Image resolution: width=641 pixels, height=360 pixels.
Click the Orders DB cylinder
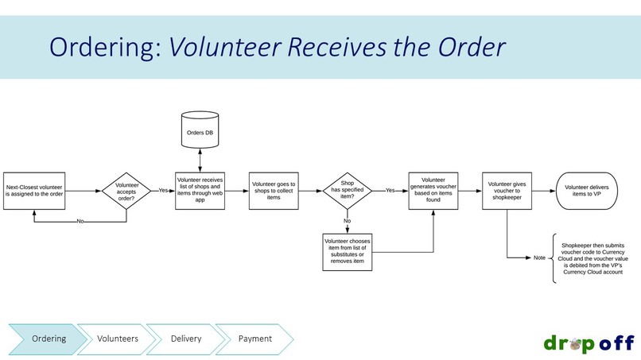pyautogui.click(x=200, y=130)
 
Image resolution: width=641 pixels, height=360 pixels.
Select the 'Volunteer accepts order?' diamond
pyautogui.click(x=126, y=191)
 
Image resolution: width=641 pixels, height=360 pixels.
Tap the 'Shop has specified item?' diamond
pyautogui.click(x=348, y=191)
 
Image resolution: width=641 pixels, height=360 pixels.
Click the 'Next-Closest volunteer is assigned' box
pyautogui.click(x=34, y=191)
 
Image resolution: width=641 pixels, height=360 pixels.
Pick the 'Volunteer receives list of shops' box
pyautogui.click(x=200, y=191)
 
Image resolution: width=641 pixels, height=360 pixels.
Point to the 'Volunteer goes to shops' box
pyautogui.click(x=274, y=191)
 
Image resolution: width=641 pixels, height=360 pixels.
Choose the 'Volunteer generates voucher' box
pyautogui.click(x=433, y=191)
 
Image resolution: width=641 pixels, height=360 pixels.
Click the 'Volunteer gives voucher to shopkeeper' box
pyautogui.click(x=507, y=191)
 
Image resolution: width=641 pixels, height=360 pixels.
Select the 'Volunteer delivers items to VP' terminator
pyautogui.click(x=587, y=191)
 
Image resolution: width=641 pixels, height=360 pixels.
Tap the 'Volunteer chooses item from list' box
pyautogui.click(x=348, y=252)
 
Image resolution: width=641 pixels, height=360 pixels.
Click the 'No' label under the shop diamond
pyautogui.click(x=347, y=221)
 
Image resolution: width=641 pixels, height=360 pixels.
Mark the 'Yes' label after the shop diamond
pyautogui.click(x=390, y=191)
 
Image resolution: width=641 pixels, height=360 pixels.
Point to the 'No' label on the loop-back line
pyautogui.click(x=80, y=222)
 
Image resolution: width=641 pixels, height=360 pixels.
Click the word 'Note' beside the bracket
pyautogui.click(x=540, y=257)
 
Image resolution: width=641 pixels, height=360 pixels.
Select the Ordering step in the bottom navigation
pyautogui.click(x=49, y=339)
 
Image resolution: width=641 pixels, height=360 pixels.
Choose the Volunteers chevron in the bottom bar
pyautogui.click(x=118, y=339)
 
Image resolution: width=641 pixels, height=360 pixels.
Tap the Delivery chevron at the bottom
pyautogui.click(x=186, y=339)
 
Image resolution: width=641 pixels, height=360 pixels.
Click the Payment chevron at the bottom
pyautogui.click(x=254, y=339)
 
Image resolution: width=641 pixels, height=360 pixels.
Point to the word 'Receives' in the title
pyautogui.click(x=336, y=47)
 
